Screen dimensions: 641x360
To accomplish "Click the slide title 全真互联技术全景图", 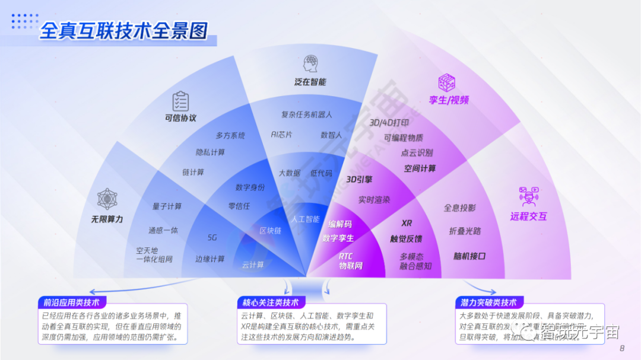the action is [123, 31].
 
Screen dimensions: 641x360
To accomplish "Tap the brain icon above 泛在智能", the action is [310, 63].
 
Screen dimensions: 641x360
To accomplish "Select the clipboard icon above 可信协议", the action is [180, 101].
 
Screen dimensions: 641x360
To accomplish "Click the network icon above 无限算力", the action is [107, 199].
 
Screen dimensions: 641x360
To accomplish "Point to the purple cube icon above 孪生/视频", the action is [446, 82].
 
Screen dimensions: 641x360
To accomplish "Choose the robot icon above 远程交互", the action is [528, 196].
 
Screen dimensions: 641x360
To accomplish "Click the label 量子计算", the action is [167, 206].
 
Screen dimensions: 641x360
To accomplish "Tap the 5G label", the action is [212, 237].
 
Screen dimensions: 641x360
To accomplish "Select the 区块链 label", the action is [270, 231].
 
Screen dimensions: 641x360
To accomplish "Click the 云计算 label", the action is [253, 265].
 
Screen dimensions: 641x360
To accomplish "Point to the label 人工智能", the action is [305, 219].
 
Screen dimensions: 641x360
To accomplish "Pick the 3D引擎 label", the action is [359, 179].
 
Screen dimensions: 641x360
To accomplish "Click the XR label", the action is [407, 223].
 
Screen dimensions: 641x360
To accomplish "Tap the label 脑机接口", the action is [469, 256].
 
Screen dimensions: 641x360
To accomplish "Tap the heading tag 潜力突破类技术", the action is [488, 302].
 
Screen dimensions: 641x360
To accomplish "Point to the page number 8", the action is [621, 348].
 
